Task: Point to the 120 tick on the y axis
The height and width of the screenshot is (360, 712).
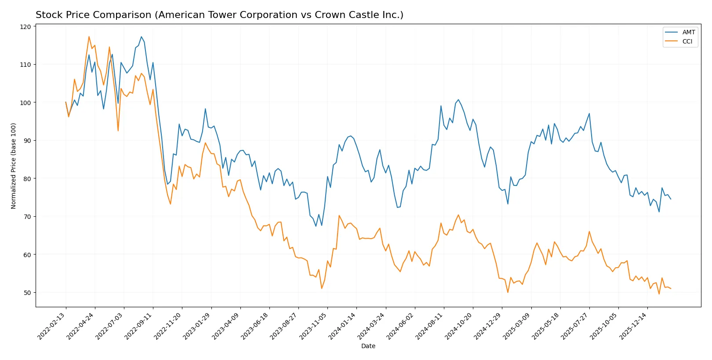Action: (25, 27)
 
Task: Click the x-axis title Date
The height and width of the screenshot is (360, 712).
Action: (368, 346)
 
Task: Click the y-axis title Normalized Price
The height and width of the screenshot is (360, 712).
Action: (14, 166)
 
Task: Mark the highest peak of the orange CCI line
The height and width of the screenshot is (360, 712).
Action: (89, 36)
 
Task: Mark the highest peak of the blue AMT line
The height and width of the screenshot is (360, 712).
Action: (141, 36)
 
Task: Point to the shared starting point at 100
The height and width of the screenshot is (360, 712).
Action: (66, 102)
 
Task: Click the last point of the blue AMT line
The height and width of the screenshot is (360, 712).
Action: (671, 199)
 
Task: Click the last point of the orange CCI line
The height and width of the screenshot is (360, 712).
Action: (671, 289)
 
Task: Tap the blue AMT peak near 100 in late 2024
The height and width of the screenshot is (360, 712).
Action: (458, 99)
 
